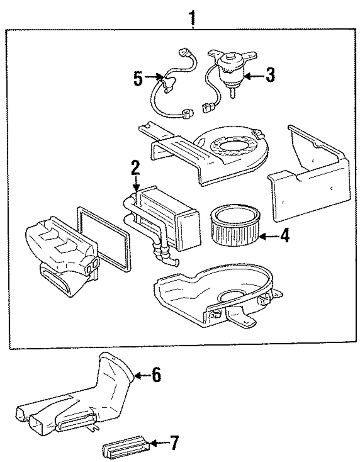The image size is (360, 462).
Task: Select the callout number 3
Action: (x=270, y=75)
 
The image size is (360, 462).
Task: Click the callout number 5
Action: (x=138, y=79)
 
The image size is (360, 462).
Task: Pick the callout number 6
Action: (x=156, y=375)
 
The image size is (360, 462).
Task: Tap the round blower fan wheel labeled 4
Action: (x=235, y=225)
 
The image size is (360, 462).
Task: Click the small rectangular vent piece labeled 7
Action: (x=126, y=448)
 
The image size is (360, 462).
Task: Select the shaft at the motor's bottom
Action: (x=233, y=93)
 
